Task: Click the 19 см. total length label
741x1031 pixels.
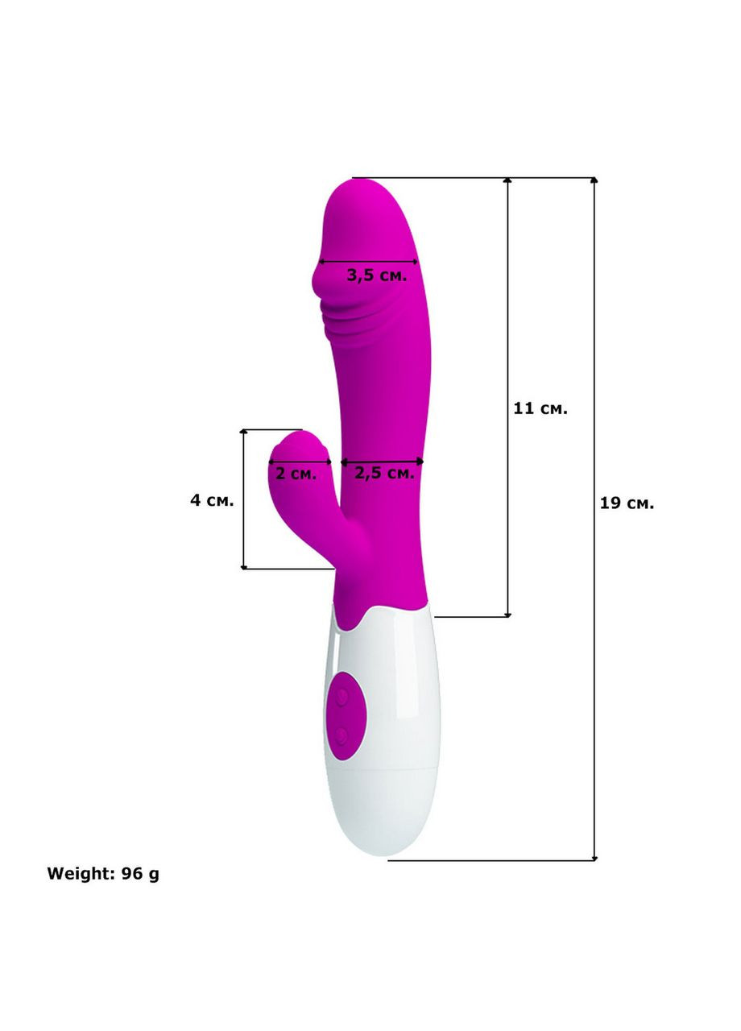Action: pos(627,503)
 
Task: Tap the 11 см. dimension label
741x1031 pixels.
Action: pos(540,408)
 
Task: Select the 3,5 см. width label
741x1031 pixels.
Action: pos(376,275)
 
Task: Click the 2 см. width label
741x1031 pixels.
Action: pos(296,473)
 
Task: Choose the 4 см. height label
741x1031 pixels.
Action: pos(212,500)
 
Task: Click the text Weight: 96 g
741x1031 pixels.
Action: pos(103,874)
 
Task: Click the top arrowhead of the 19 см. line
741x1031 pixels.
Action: pos(594,180)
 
